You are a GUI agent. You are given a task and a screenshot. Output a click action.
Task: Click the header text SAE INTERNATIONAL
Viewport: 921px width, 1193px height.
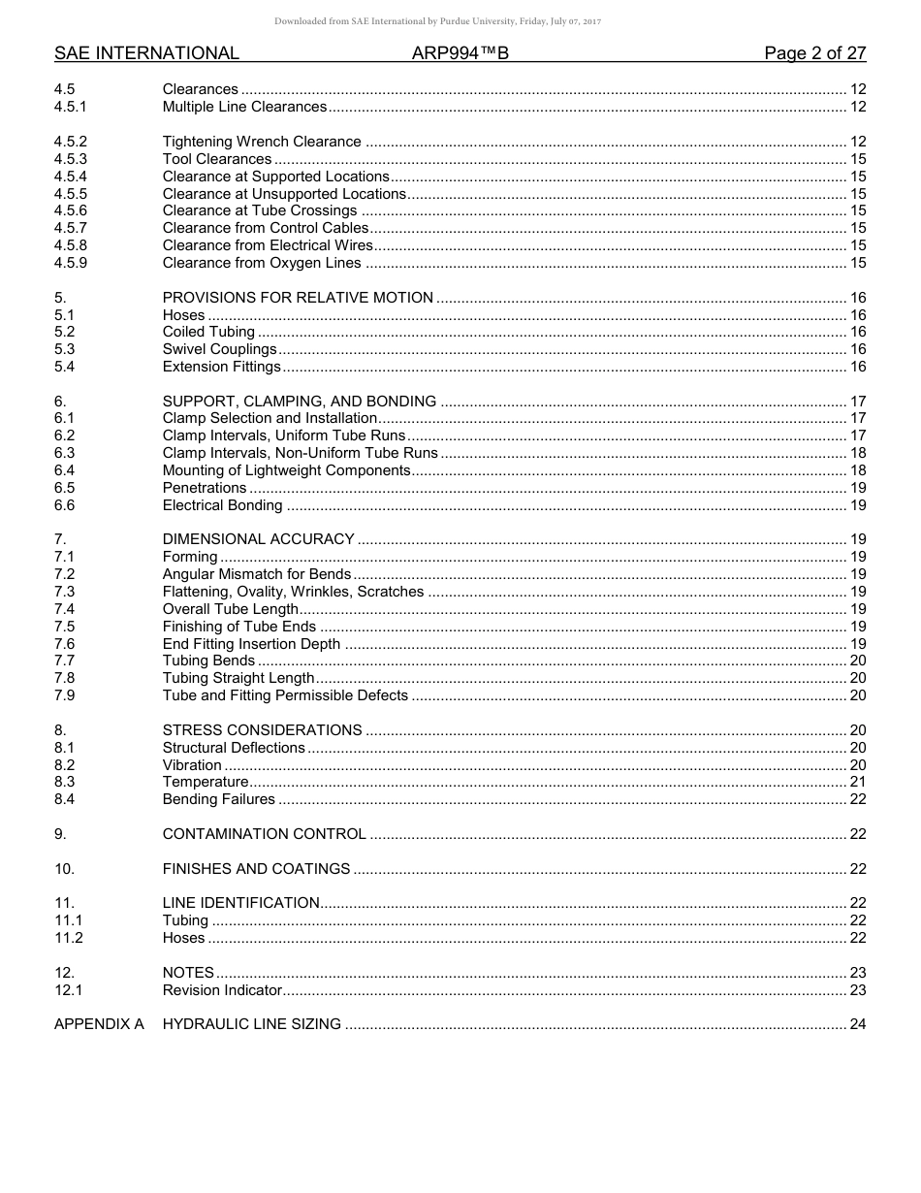click(146, 53)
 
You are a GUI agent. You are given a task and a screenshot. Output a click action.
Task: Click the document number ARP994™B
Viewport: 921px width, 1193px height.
click(460, 53)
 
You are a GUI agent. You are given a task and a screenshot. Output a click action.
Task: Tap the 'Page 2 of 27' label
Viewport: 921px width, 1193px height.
click(814, 53)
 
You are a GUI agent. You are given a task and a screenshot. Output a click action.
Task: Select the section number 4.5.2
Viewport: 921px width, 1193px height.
click(71, 142)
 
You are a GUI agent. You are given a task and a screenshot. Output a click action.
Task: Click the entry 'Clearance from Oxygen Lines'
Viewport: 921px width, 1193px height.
click(262, 263)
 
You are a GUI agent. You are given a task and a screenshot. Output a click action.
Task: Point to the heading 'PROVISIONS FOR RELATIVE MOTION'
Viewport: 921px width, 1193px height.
click(298, 298)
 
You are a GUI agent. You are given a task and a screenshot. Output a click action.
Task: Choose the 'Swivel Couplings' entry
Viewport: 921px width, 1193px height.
click(219, 349)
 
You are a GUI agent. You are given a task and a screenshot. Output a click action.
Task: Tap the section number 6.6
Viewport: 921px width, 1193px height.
click(64, 505)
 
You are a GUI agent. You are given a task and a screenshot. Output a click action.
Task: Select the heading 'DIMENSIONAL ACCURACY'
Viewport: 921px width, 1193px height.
click(258, 539)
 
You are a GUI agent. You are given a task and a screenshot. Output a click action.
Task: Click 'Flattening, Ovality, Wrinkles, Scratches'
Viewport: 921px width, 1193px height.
click(293, 592)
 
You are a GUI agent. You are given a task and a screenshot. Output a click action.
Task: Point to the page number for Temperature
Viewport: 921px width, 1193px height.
click(857, 782)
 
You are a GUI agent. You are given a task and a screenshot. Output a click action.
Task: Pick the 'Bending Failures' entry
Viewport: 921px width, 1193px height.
click(218, 799)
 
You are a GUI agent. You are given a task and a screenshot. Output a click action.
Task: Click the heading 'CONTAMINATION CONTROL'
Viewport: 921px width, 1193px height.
click(264, 834)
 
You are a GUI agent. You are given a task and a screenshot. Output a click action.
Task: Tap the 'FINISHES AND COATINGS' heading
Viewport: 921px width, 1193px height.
click(256, 869)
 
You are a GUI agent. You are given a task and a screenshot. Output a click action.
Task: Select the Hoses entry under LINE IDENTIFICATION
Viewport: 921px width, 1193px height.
click(183, 938)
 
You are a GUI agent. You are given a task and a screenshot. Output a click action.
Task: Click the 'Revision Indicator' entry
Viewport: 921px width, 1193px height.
click(222, 990)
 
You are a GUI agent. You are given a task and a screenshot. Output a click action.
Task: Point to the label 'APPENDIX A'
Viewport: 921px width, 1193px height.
click(99, 1024)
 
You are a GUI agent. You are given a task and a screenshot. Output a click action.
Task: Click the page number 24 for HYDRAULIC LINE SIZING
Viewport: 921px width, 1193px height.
click(857, 1024)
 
